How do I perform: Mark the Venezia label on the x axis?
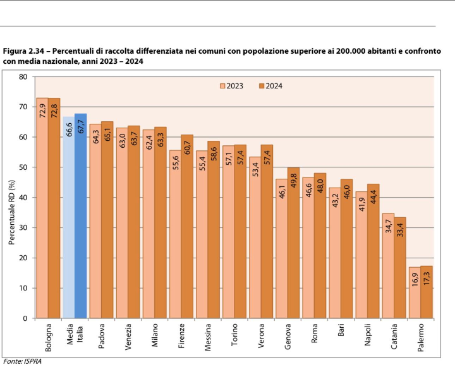coord(128,337)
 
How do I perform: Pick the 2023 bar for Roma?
coord(308,253)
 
